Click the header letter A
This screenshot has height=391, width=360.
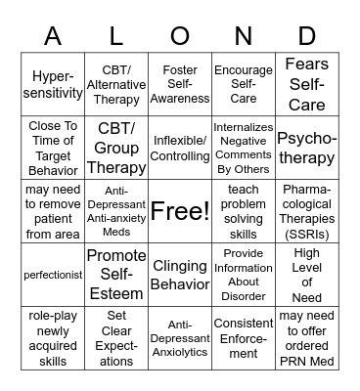point(53,36)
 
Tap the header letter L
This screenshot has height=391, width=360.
point(116,36)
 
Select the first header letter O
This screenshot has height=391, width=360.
point(180,36)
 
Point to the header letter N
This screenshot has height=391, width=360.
point(244,36)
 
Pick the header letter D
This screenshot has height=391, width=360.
point(307,36)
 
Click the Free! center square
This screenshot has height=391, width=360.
point(180,210)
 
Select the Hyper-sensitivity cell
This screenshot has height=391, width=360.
point(53,85)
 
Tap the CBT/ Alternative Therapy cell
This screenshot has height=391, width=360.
point(116,85)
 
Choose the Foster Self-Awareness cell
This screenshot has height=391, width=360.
point(180,85)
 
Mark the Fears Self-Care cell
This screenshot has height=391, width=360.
point(307,85)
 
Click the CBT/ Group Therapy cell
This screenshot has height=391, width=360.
point(116,148)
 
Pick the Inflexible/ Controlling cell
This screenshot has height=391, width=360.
point(180,148)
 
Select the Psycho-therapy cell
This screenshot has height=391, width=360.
point(307,148)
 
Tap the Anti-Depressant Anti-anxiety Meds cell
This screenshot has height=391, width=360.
point(116,210)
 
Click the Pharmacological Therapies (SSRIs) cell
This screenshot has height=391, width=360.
point(307,210)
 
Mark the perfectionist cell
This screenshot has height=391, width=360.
point(53,275)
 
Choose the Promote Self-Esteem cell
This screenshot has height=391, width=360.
point(116,275)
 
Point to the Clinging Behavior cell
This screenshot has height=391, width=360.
point(180,275)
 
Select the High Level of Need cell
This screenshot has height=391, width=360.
point(307,275)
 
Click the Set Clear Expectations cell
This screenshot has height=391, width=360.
point(116,337)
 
